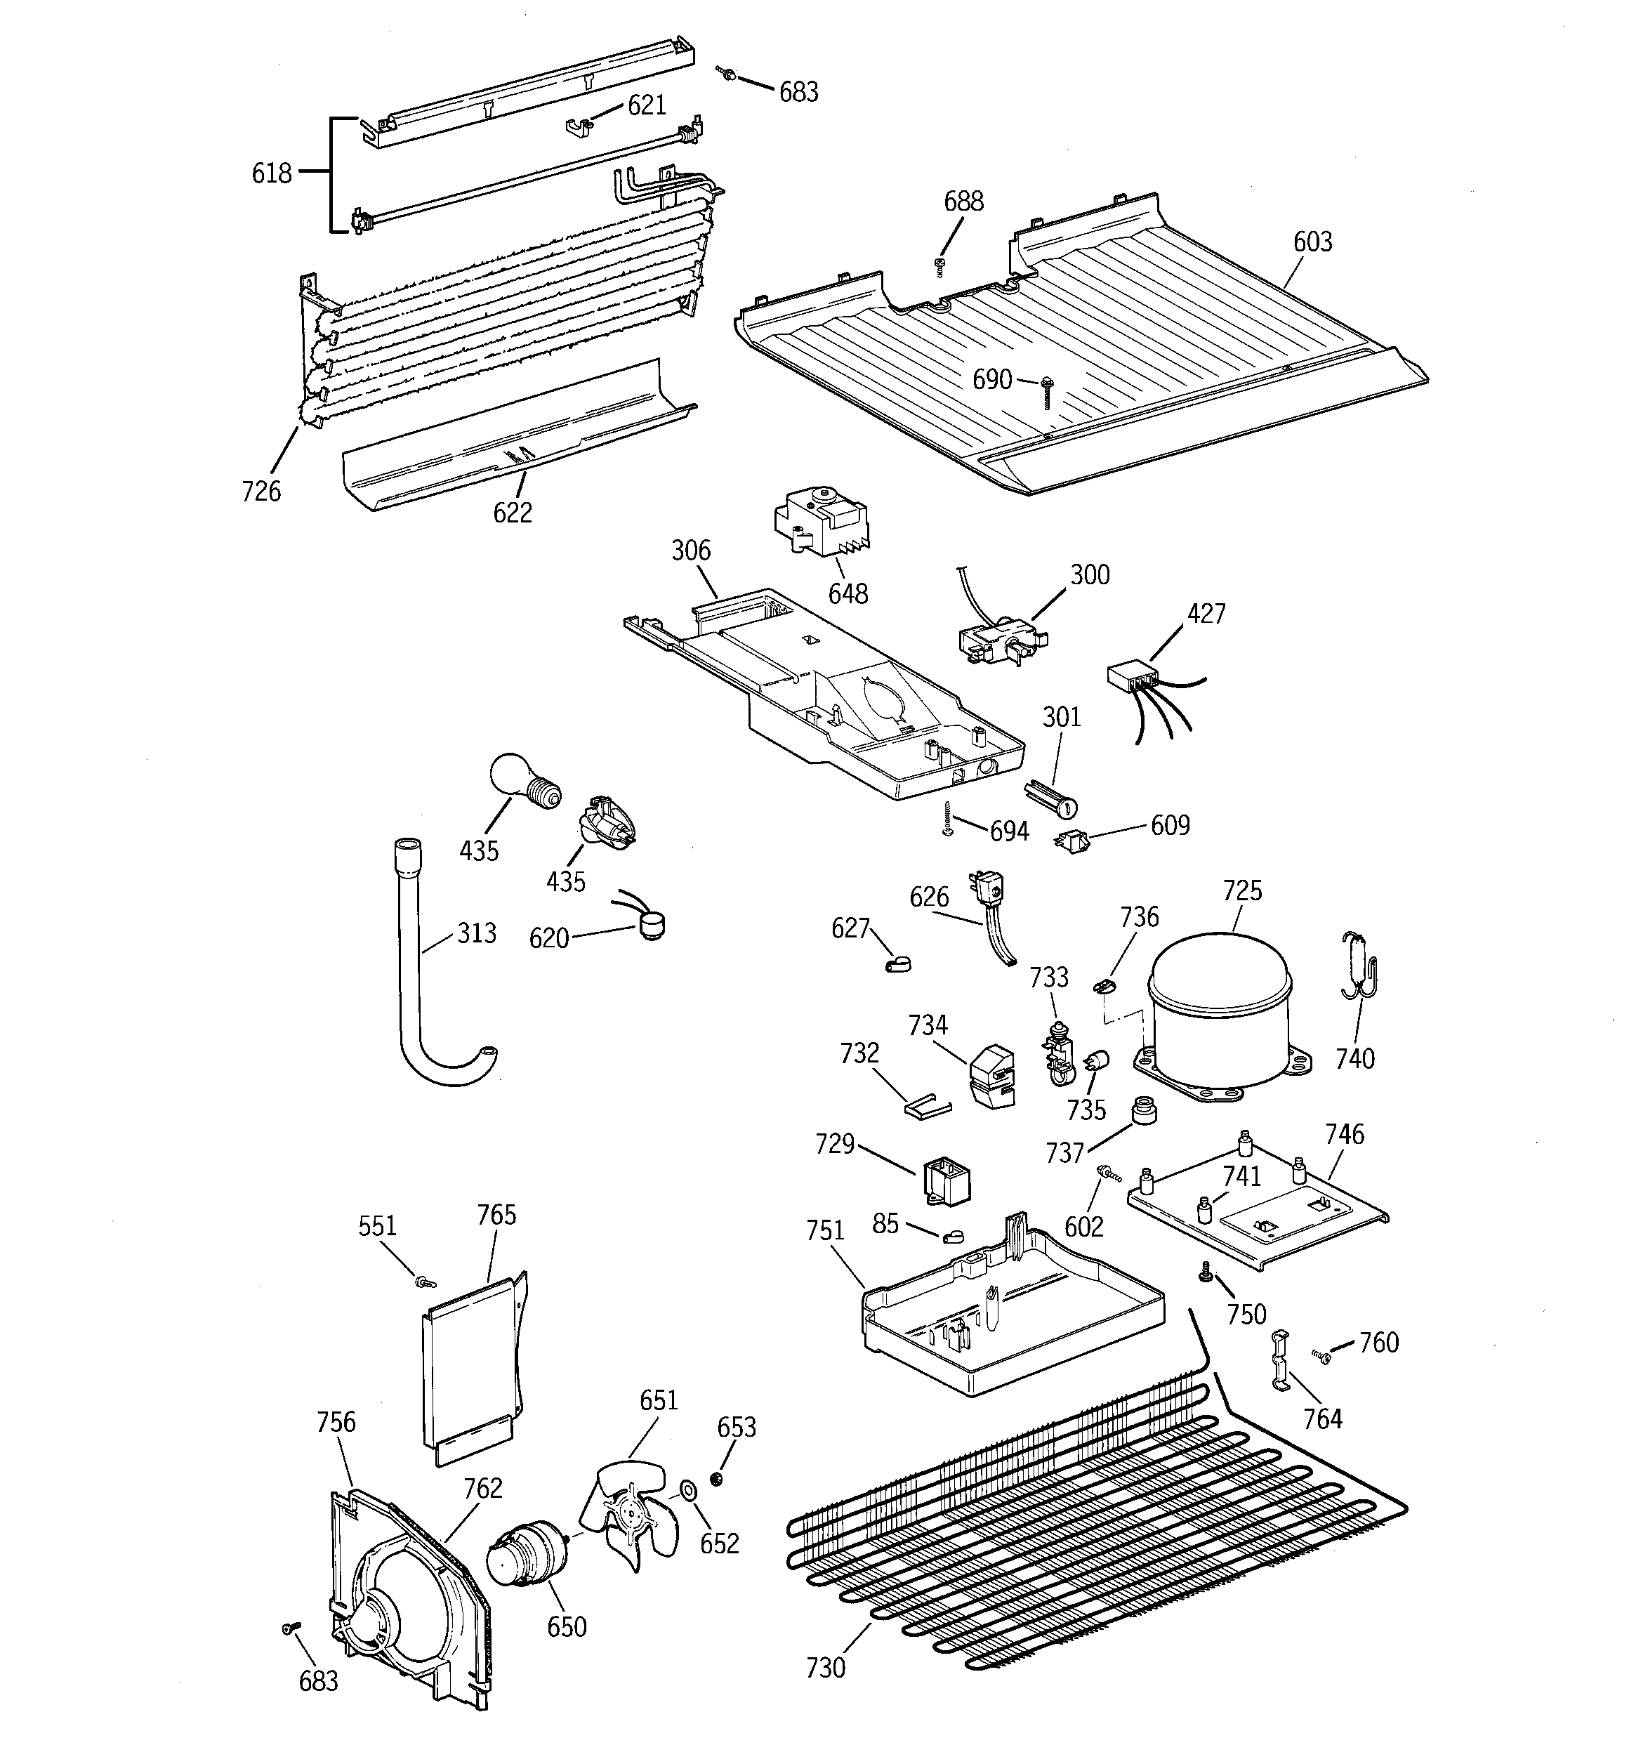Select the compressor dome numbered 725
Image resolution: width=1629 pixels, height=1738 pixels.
click(1219, 1014)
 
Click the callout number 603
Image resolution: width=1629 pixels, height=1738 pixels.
click(1312, 242)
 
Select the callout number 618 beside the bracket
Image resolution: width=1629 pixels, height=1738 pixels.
click(271, 173)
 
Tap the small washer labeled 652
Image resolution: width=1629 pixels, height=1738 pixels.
click(688, 1489)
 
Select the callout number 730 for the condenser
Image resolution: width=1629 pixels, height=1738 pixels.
click(824, 1667)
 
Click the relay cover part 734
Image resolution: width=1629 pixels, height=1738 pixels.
click(994, 1077)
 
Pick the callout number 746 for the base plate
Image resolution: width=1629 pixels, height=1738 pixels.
click(1344, 1134)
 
